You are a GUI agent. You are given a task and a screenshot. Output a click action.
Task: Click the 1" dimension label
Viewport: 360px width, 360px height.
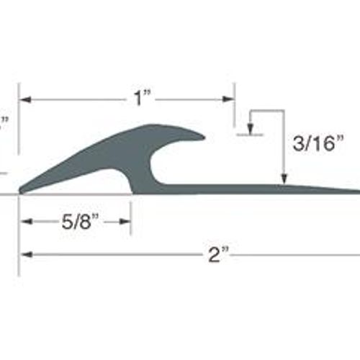coord(142,99)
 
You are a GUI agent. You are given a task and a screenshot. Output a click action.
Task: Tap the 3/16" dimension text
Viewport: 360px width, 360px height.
coord(318,143)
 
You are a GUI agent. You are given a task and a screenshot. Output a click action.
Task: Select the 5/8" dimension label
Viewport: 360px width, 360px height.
coord(80,222)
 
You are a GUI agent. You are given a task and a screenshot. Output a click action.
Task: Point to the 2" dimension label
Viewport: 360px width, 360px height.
coord(218,254)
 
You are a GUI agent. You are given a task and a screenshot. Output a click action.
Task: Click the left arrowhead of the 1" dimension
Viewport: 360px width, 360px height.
coord(25,99)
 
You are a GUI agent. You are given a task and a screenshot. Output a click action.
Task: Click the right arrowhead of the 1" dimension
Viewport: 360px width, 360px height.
coord(228,99)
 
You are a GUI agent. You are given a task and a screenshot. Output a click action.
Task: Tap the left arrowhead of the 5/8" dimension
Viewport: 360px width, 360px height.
coord(27,222)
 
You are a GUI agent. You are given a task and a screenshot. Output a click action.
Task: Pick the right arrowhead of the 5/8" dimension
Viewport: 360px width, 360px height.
coord(125,222)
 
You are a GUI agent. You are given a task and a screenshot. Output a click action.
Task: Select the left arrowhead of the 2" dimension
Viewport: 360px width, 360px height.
coord(27,255)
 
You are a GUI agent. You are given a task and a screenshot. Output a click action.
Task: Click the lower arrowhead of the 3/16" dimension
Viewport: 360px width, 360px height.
coord(284,179)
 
